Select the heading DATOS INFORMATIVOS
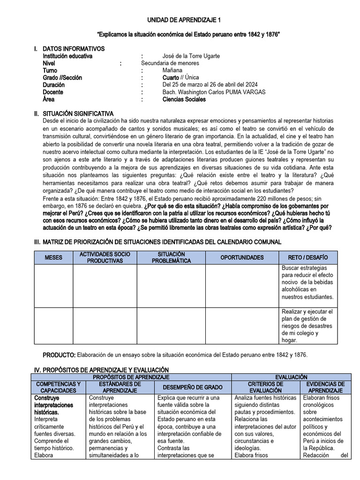[x=74, y=49]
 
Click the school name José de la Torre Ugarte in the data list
[x=191, y=56]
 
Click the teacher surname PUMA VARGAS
[x=243, y=92]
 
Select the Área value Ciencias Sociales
[x=184, y=99]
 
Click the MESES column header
[x=53, y=258]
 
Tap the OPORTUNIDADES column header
[x=242, y=258]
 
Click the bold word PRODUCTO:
[x=59, y=355]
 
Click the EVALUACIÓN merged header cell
[x=292, y=377]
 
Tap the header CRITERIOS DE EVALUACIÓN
[x=265, y=387]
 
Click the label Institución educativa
[x=67, y=56]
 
